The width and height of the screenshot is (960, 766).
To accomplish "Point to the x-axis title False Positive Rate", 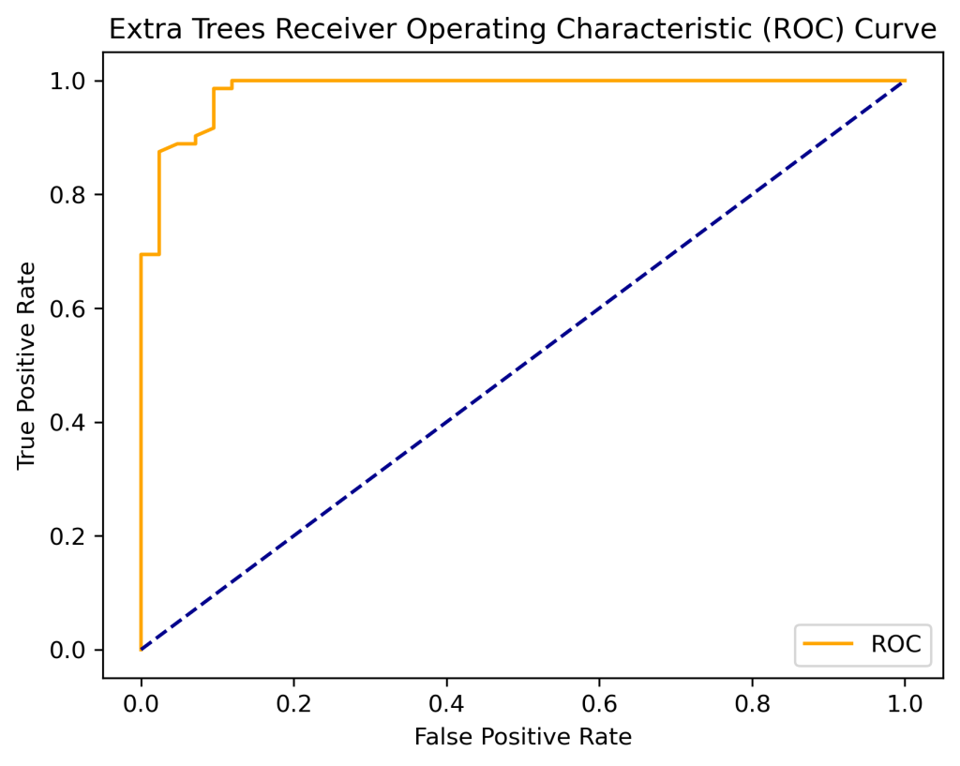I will (x=523, y=737).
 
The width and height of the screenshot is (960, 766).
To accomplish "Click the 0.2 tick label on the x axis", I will (x=293, y=700).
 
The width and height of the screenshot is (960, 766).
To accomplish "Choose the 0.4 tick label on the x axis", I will (x=446, y=700).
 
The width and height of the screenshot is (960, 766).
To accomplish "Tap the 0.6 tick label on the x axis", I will (x=599, y=700).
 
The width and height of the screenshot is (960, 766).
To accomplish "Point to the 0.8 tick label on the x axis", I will (x=752, y=700).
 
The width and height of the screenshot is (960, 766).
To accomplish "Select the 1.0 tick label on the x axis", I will (x=905, y=700).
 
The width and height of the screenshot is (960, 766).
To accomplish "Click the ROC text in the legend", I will (x=895, y=644).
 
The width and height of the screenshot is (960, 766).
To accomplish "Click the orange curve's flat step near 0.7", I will (x=150, y=254).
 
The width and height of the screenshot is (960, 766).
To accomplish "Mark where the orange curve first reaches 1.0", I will (x=232, y=82).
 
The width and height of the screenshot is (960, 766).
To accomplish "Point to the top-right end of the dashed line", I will (x=904, y=82).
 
